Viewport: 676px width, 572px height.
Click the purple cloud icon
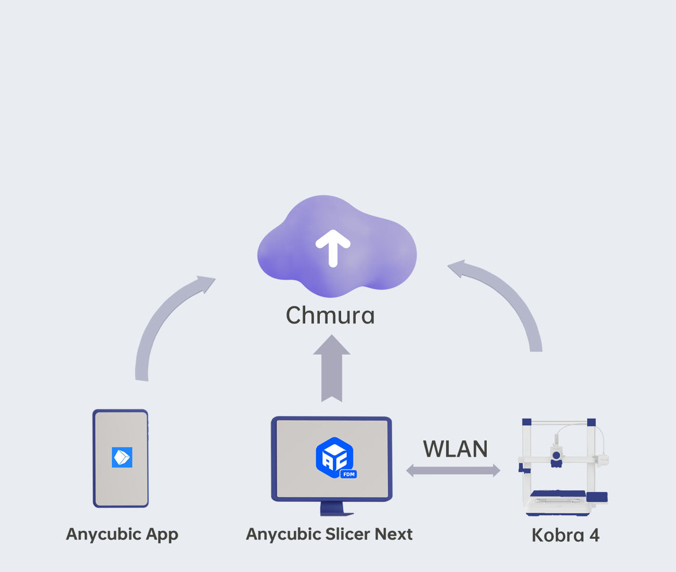coord(337,246)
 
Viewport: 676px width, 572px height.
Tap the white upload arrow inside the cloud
coord(333,248)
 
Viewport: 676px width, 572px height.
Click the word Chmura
coord(330,315)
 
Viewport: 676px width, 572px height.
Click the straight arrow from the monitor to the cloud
coord(332,369)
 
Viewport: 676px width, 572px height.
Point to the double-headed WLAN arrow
coord(453,471)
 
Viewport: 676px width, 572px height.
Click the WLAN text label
coord(455,449)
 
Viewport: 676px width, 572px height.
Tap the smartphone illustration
coord(121,458)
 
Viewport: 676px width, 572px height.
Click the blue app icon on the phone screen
coord(122,457)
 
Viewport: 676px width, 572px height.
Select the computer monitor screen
coord(332,459)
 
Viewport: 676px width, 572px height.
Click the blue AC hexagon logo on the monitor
coord(334,457)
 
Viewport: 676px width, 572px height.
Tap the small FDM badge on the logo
coord(348,474)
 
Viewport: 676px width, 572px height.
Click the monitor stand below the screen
coord(335,509)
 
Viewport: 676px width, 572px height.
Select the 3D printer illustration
coord(563,467)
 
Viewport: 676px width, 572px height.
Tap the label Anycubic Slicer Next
coord(329,534)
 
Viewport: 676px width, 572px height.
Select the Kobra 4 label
coord(565,536)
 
